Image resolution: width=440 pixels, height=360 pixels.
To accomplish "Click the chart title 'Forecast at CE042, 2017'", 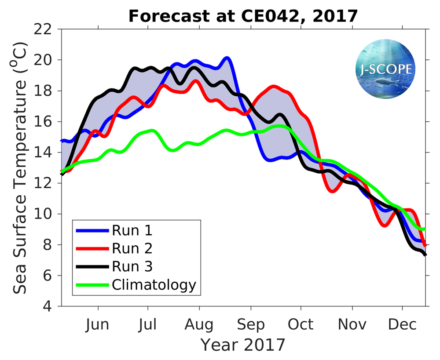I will (243, 16).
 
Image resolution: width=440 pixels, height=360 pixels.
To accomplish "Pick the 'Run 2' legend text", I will (132, 248).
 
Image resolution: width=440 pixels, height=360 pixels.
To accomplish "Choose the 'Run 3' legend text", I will (132, 266).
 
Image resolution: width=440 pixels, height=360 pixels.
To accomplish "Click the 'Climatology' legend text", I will (154, 285).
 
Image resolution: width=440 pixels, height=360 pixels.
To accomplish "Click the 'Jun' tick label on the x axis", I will (98, 325).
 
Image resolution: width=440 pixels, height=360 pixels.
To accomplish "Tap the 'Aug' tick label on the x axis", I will (199, 325).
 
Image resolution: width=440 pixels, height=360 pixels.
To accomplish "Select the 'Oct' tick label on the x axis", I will (301, 325).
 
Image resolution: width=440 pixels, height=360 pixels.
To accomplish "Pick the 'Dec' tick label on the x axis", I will (403, 325).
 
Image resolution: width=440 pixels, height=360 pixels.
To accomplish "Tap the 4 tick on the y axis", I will (54, 306).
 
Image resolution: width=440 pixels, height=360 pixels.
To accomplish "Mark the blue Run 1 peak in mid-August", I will (227, 58).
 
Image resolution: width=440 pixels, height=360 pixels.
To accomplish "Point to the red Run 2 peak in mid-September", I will (273, 87).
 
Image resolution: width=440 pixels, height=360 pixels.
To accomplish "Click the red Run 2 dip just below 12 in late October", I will (333, 191).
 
